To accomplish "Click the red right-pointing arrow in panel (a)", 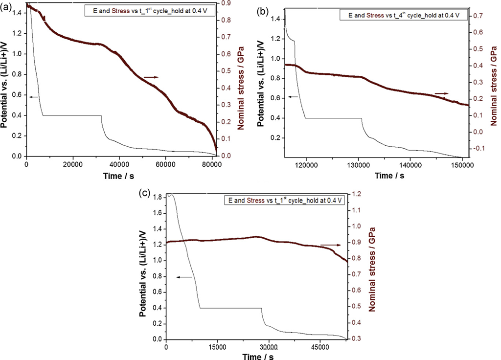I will point(151,77).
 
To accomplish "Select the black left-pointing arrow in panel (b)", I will point(293,97).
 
